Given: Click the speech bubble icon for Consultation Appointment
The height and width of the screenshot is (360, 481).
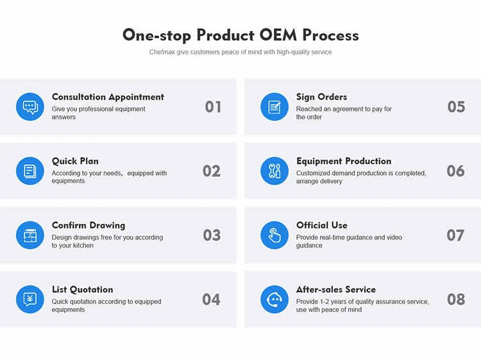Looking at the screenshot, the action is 30,107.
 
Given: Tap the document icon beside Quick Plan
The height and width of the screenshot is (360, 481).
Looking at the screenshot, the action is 30,171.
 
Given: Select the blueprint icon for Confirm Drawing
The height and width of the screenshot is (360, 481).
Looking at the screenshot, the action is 30,235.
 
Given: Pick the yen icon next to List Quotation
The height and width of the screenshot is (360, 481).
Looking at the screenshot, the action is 30,299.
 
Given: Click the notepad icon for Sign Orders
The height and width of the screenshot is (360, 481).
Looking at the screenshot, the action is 274,107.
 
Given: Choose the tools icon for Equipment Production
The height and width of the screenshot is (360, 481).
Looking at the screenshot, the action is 274,171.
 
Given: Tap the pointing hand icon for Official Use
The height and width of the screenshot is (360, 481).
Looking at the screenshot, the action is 274,235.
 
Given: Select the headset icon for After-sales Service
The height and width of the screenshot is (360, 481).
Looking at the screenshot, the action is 274,299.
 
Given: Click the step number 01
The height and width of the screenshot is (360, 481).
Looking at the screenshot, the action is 213,107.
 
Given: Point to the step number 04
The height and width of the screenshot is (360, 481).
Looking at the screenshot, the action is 211,300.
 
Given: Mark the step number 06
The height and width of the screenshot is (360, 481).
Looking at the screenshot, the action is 455,171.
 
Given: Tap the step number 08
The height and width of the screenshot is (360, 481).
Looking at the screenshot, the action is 456,300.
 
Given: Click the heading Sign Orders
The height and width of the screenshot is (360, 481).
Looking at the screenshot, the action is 321,98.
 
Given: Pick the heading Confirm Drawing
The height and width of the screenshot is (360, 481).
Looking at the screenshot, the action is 89,226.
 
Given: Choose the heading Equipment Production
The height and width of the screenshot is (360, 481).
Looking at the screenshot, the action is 344,162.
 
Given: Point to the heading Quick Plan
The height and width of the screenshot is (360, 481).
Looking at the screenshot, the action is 75,162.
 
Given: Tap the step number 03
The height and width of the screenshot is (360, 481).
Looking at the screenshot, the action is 212,236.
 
